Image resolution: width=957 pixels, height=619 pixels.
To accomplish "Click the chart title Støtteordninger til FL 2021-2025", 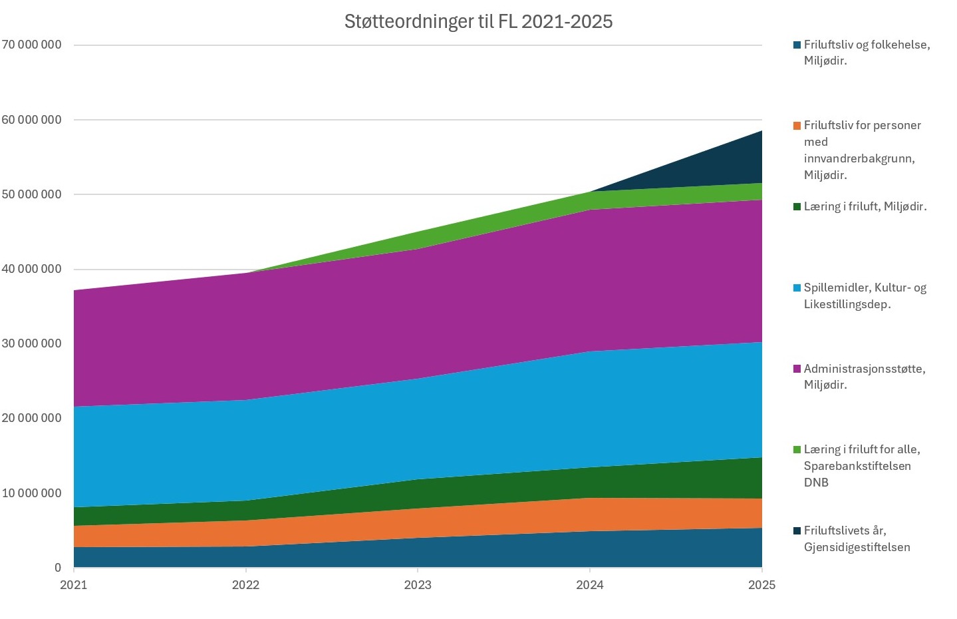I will tap(478, 22).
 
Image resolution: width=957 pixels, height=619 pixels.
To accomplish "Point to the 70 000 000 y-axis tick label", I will tap(31, 45).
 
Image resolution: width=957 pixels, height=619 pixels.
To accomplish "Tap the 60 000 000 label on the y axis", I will tap(31, 120).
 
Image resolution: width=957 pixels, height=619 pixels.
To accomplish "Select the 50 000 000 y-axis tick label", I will tap(31, 194).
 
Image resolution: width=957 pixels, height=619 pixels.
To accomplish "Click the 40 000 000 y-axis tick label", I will tap(31, 269).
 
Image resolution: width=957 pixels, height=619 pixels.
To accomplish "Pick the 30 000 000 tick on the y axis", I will tap(31, 343).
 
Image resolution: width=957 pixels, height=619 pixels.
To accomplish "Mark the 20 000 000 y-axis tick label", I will tap(31, 418).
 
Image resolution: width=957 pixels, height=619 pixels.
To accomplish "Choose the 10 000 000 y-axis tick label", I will tap(31, 493).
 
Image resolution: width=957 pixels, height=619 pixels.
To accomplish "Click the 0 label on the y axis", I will tap(58, 568).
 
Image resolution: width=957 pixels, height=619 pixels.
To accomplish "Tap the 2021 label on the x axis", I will tap(74, 585).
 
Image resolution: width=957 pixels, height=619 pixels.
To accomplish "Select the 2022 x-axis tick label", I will tap(245, 585).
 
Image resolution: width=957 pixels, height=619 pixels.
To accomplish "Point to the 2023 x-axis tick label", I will tap(418, 585).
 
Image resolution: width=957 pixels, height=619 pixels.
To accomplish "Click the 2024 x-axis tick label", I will tap(590, 585).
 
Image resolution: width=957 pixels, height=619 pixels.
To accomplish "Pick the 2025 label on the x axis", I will tap(761, 585).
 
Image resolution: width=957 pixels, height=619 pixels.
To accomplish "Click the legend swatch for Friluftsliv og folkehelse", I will tap(796, 45).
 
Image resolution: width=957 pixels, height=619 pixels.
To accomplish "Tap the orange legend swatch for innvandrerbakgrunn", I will tap(796, 125).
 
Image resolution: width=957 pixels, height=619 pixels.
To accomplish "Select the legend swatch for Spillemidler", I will tap(796, 288).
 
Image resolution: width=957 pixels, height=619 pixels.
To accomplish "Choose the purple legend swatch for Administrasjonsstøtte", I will tap(796, 369).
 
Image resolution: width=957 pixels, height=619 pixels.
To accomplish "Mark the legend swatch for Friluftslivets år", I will tap(796, 530).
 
